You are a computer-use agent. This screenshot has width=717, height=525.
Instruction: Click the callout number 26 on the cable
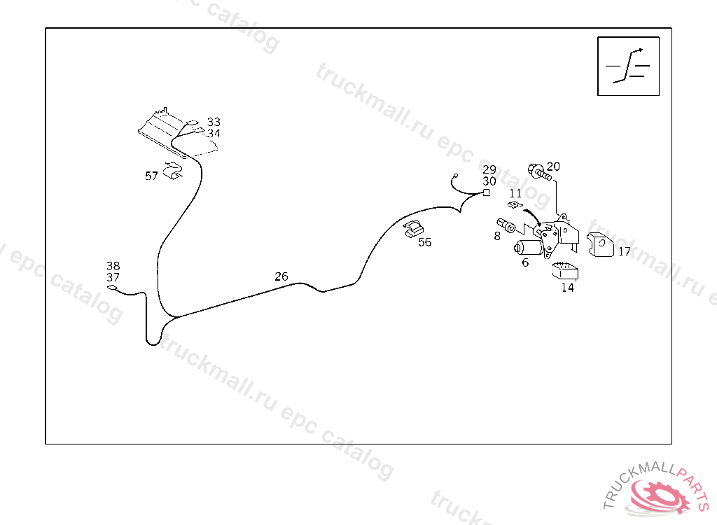pos(281,276)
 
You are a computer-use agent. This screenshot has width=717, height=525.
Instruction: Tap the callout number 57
pos(151,176)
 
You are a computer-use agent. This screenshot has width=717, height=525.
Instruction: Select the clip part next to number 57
pos(172,170)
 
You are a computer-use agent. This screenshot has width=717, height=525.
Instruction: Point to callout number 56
pos(425,242)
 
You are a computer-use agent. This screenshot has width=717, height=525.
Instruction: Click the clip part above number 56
pos(414,228)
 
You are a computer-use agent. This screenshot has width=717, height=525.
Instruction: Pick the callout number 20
pos(553,167)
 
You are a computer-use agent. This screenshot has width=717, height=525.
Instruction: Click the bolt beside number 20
pos(536,170)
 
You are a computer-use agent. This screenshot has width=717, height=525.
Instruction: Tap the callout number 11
pos(515,192)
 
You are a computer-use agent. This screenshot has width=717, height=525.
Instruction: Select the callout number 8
pos(497,236)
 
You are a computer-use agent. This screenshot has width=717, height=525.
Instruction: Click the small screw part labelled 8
pos(506,226)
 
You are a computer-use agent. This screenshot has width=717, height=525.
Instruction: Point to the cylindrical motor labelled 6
pos(529,247)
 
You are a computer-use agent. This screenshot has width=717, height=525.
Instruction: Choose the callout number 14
pos(567,287)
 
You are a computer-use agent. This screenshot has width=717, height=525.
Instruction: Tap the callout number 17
pos(625,251)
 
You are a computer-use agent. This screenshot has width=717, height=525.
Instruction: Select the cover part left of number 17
pos(600,245)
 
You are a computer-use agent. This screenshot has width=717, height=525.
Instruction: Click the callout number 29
pos(489,169)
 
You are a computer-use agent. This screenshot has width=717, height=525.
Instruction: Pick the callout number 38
pos(113,266)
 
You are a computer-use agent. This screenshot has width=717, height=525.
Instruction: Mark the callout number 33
pos(214,122)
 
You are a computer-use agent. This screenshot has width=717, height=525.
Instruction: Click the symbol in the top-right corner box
pos(628,66)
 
